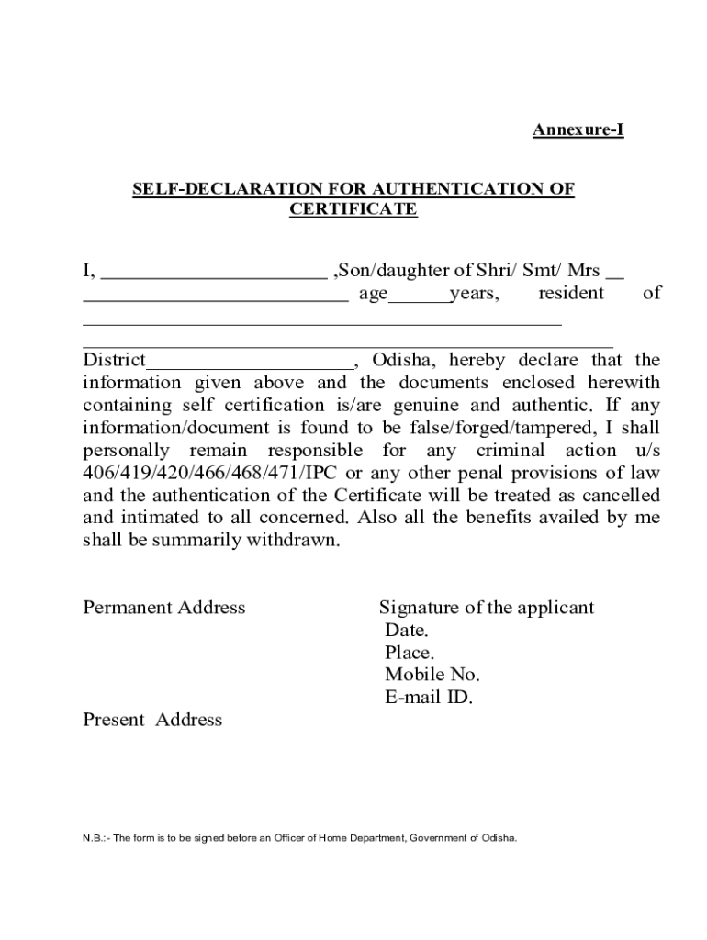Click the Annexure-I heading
pyautogui.click(x=578, y=130)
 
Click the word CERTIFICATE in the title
pyautogui.click(x=353, y=209)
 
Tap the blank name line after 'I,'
pyautogui.click(x=213, y=274)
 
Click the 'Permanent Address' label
pyautogui.click(x=164, y=608)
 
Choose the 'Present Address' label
pyautogui.click(x=152, y=721)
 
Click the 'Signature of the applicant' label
pyautogui.click(x=487, y=608)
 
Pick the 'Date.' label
pyautogui.click(x=406, y=631)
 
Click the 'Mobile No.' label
pyautogui.click(x=432, y=676)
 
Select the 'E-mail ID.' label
pyautogui.click(x=429, y=698)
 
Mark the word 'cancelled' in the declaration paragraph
pyautogui.click(x=621, y=496)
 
